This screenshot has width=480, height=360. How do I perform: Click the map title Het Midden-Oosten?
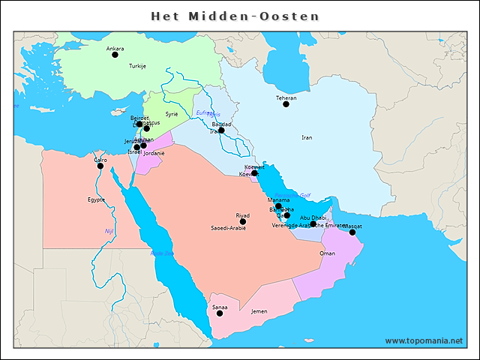coord(235,16)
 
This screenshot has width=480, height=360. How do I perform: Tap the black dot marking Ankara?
coord(115,55)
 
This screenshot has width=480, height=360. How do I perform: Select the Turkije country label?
coord(137,66)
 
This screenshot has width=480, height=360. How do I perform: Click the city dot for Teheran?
coord(286,104)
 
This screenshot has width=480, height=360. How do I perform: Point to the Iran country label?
coord(307,138)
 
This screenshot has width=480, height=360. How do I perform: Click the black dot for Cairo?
coord(100,166)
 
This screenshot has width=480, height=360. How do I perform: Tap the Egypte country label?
coord(96,199)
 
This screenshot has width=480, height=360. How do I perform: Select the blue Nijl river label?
coord(109,230)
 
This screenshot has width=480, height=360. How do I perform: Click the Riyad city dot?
coord(242,221)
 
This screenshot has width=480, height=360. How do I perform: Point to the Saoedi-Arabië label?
coord(229,228)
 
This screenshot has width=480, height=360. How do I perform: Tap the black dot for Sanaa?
coord(220,313)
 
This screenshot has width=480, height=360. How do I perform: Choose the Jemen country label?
coord(259,310)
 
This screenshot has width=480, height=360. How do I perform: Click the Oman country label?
coord(328,253)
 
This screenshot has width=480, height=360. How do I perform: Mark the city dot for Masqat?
coord(352,232)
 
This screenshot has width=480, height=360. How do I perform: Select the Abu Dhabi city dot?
coord(313,223)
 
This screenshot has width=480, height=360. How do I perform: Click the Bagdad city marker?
coord(221,130)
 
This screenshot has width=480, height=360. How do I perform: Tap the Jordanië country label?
coord(154,153)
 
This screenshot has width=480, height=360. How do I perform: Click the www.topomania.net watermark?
coord(424,340)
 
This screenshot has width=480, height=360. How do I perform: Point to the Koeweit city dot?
coord(254,173)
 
